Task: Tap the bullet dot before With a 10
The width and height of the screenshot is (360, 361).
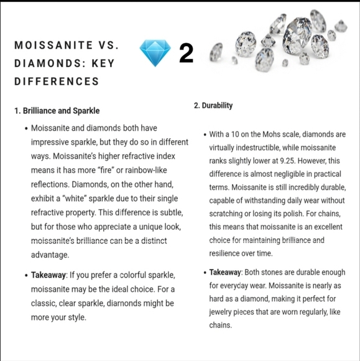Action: pyautogui.click(x=205, y=135)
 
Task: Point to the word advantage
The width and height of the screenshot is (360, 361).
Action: pyautogui.click(x=50, y=255)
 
